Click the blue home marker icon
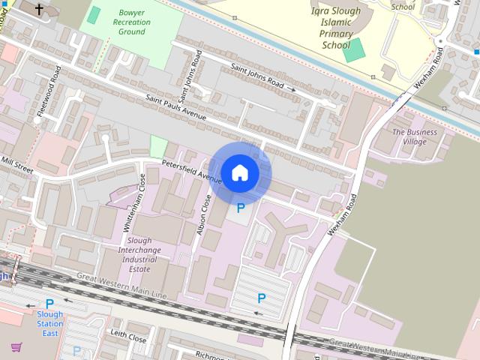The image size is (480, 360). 239,172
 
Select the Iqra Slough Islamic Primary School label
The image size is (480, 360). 335,28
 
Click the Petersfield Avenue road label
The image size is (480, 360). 191,172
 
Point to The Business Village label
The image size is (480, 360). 414,136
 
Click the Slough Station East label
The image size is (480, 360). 50,324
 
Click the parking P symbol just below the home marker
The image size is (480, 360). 241,208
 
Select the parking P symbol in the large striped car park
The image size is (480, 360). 262,298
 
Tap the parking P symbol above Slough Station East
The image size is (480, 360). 49,304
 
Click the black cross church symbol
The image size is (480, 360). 39,8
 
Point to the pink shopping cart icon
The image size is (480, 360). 16,346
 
